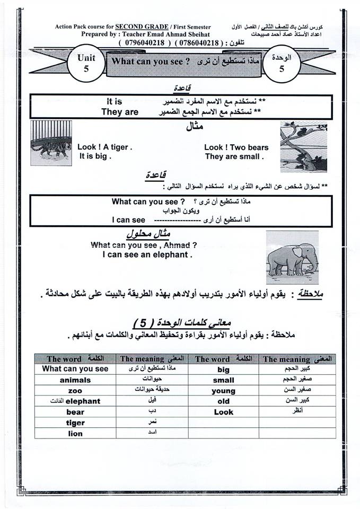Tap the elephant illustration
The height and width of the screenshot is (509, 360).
[x=292, y=258]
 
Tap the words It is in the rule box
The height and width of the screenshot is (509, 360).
[x=114, y=101]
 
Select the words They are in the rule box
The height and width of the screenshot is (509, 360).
[x=120, y=112]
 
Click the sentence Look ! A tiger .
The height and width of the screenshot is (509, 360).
[x=104, y=147]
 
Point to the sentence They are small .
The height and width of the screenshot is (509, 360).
[x=234, y=156]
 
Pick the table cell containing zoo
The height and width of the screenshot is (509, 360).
[x=75, y=391]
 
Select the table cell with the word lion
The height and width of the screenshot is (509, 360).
[x=75, y=433]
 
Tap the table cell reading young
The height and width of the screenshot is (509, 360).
[x=224, y=391]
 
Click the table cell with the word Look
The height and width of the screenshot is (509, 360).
[x=224, y=412]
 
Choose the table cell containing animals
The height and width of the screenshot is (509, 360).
[x=75, y=380]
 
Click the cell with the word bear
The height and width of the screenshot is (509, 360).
[x=75, y=412]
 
